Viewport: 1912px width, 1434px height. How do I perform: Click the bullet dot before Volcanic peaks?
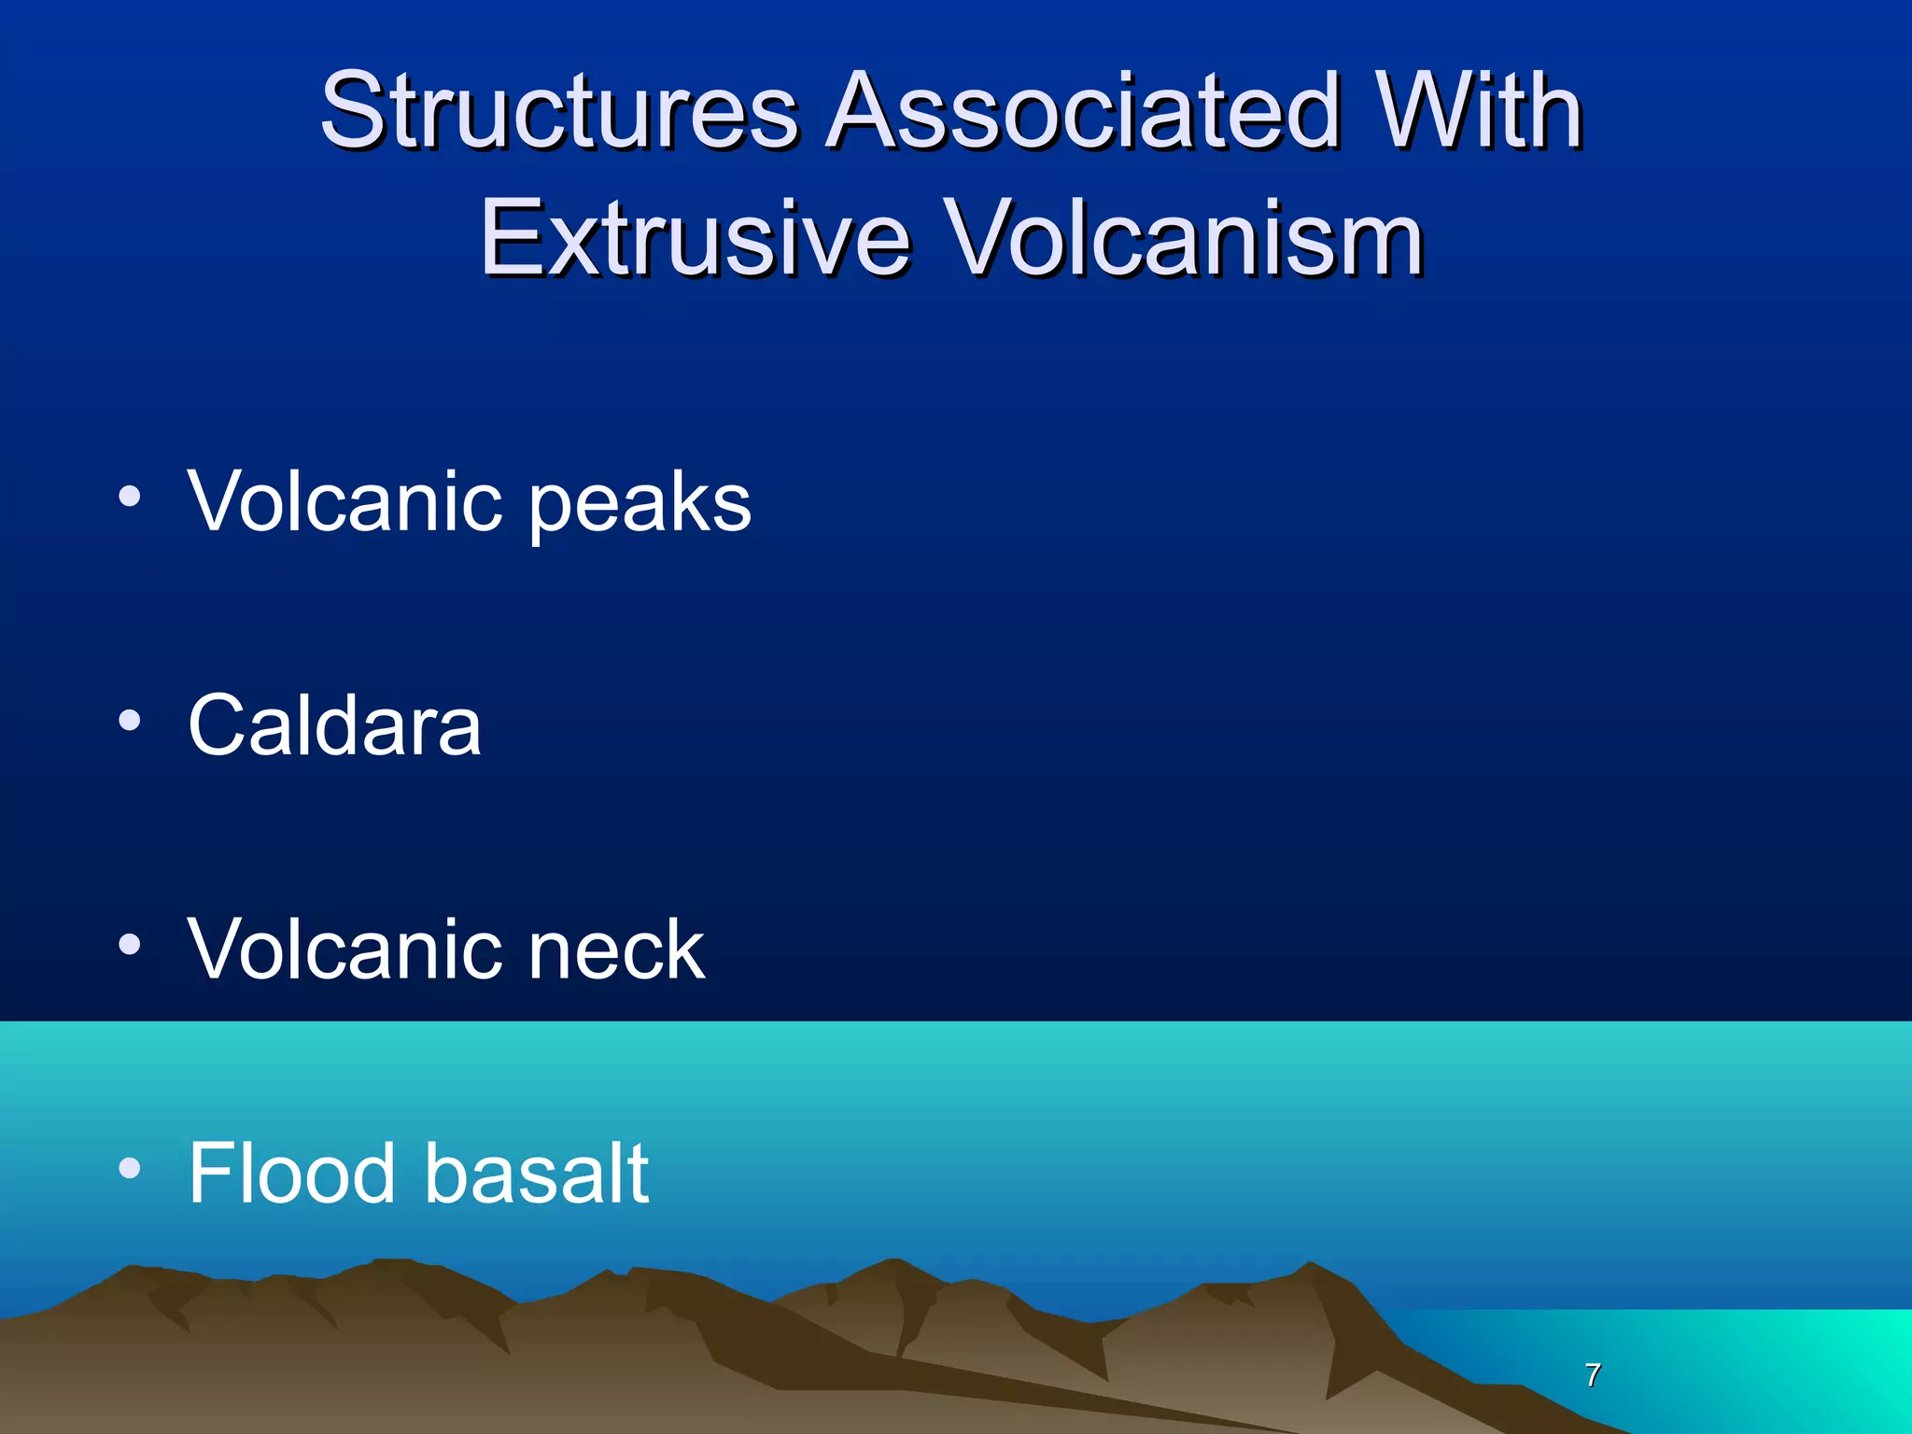130,497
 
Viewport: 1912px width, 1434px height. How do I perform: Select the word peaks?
640,504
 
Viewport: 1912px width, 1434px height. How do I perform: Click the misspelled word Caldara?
334,725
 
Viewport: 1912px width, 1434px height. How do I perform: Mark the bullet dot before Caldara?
130,720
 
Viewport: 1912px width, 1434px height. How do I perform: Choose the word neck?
616,949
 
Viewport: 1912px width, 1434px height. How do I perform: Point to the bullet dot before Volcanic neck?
130,944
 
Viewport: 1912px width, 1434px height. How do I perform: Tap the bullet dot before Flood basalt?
130,1167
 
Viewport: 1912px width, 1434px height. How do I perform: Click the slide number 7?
1593,1374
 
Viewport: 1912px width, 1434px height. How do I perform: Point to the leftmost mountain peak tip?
131,1268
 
